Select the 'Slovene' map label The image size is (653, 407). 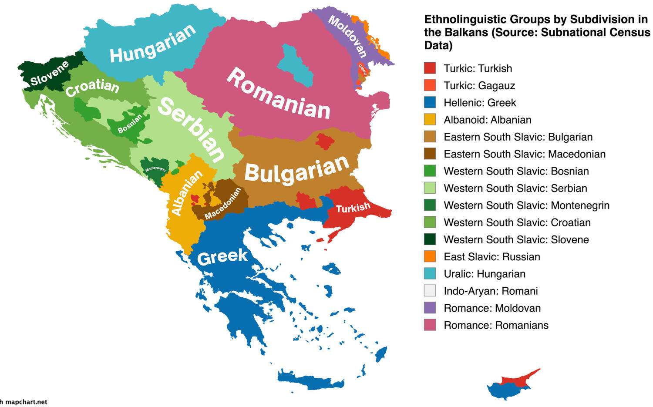(49, 74)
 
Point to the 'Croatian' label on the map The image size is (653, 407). (92, 87)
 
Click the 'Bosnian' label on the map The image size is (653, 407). (130, 124)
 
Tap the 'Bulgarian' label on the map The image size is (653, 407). (296, 170)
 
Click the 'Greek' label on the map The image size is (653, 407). (222, 257)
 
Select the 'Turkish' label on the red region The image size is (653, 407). (353, 208)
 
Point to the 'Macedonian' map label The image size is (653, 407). (222, 204)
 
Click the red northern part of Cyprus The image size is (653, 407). (522, 378)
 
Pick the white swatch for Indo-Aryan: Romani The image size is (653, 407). (430, 291)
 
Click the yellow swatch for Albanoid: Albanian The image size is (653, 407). (430, 120)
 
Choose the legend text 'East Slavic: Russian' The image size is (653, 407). (491, 257)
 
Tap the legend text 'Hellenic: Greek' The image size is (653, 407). (479, 103)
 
